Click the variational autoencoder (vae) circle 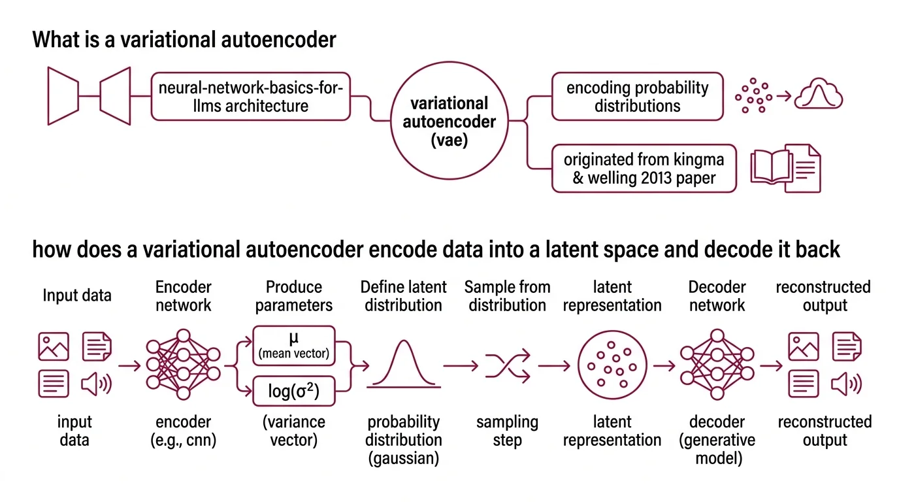(449, 122)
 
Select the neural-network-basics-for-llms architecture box (251, 97)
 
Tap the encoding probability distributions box (637, 97)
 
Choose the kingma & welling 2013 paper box (644, 169)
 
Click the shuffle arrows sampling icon (507, 366)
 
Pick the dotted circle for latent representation (612, 366)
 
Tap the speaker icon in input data (96, 384)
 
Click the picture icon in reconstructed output (804, 347)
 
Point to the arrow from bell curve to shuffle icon (460, 366)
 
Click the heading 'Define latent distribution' (403, 296)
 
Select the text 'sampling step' (507, 431)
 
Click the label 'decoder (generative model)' (717, 440)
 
